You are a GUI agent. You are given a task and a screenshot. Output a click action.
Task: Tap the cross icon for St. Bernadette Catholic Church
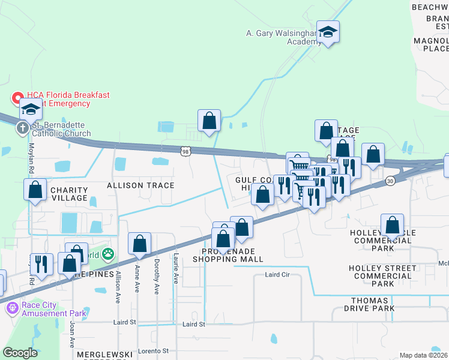22,128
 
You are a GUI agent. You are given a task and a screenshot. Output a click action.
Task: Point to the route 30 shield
390,181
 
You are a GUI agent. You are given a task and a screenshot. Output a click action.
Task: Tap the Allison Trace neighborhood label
140,186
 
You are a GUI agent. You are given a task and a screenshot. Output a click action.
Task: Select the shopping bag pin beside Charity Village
35,190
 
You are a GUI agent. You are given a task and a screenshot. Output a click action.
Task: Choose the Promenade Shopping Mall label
228,254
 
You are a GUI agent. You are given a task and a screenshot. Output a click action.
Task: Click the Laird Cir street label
277,275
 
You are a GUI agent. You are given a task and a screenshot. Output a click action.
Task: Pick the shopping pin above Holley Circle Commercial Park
392,226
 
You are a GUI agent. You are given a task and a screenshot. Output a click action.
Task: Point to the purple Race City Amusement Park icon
11,308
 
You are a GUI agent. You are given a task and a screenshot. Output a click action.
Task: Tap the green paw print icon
107,254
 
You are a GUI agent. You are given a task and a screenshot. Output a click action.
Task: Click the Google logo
20,353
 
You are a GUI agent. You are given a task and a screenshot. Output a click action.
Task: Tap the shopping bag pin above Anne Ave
139,244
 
